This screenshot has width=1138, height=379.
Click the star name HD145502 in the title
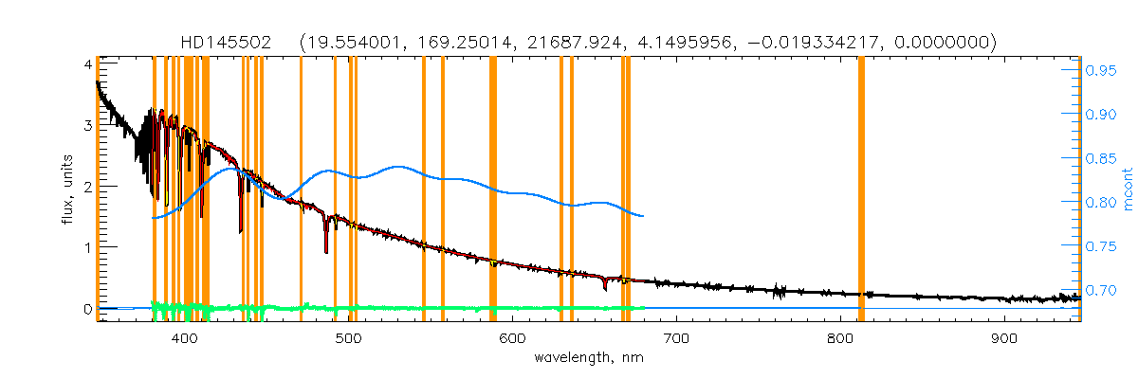coord(227,43)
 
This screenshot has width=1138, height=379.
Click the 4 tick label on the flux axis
coord(86,64)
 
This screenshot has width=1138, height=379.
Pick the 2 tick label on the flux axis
coord(86,187)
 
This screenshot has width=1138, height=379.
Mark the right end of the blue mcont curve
coord(644,216)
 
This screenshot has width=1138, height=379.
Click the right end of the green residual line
coord(644,307)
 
